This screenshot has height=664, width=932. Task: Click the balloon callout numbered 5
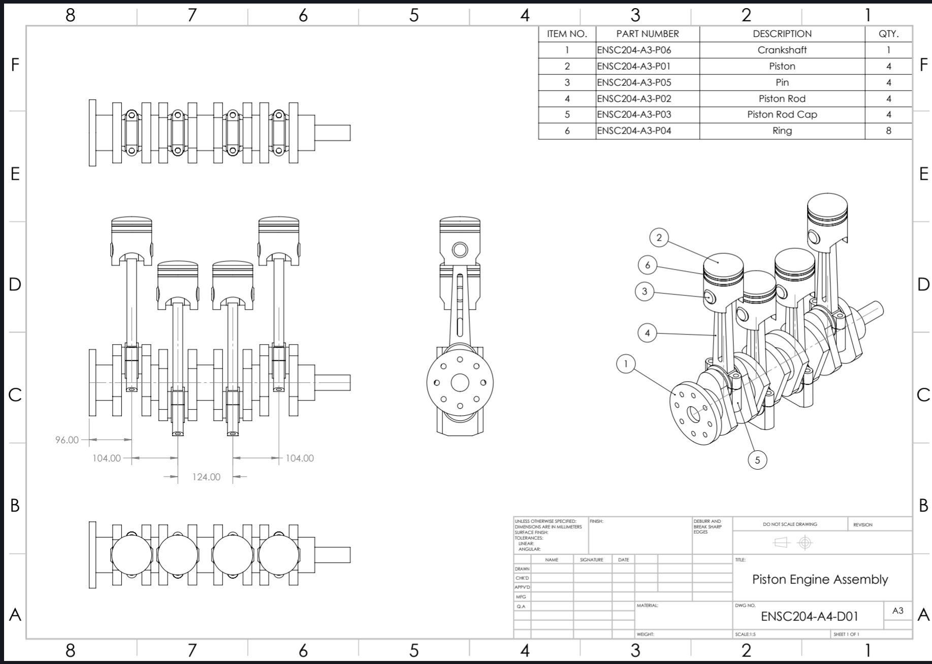pos(757,460)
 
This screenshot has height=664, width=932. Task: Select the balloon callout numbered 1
pos(626,363)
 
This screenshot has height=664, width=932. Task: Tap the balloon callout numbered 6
pos(647,264)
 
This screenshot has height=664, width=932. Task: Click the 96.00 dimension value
pos(67,440)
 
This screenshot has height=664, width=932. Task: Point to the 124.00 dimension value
pos(206,477)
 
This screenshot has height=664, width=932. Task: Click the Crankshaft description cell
pos(782,50)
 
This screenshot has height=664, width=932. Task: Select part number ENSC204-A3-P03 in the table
pos(634,114)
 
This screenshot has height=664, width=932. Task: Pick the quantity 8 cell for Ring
pos(888,130)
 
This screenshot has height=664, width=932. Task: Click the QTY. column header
pos(888,34)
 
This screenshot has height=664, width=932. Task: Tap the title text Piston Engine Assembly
pos(820,579)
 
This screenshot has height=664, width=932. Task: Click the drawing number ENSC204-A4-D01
pos(810,616)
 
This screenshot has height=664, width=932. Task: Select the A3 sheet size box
pos(897,610)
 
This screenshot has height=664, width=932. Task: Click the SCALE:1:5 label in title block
pos(746,634)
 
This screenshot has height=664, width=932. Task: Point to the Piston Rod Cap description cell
pos(782,114)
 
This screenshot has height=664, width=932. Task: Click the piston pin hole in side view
pos(460,249)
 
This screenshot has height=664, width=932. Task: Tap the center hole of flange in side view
pos(460,383)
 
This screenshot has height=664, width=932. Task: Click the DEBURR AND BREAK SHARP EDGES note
pos(707,526)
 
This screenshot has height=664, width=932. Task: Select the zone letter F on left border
pos(15,64)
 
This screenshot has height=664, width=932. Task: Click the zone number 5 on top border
pos(414,15)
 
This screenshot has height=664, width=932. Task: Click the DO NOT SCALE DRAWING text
pos(790,524)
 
